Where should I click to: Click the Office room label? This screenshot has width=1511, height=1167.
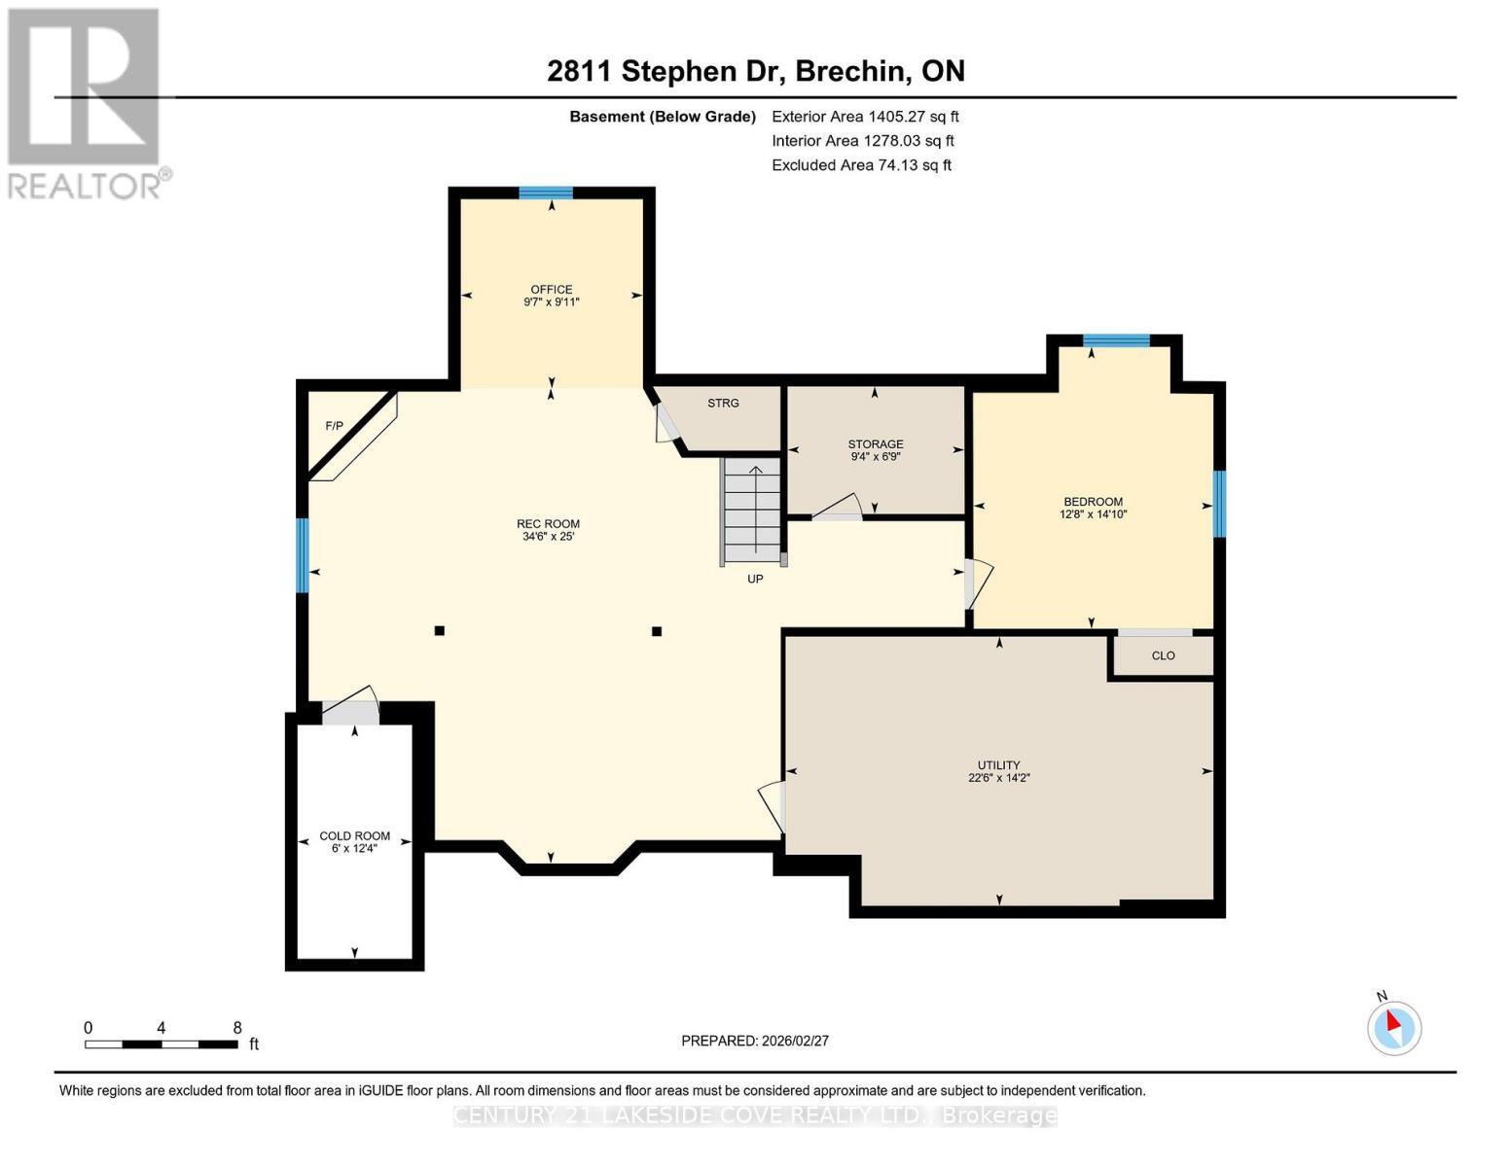point(551,290)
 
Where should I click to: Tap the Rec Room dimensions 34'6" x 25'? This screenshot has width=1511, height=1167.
point(548,536)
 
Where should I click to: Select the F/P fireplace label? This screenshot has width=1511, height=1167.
point(334,426)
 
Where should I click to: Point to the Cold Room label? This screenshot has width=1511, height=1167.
point(354,835)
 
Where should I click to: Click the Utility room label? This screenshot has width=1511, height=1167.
point(998,765)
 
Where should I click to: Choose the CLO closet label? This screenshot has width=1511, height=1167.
point(1163,655)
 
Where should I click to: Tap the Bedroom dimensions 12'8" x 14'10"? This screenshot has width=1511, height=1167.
point(1093,514)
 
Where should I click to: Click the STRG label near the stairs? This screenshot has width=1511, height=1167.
point(723,403)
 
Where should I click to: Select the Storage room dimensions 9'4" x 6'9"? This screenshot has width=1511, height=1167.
point(875,456)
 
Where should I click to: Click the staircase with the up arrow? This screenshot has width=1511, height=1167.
point(753,510)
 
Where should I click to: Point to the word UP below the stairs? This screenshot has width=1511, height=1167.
point(755,579)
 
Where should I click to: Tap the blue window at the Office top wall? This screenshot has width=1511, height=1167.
point(545,193)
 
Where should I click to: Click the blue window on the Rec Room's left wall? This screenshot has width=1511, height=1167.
point(303,555)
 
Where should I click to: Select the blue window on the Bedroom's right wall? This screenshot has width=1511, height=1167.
point(1218,504)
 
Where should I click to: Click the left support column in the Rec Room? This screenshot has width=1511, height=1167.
point(440,631)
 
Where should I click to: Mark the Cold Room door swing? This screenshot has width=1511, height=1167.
point(350,708)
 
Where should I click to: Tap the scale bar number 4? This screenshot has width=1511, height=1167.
point(161,1028)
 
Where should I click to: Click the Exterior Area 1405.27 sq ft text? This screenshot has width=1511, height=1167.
point(865,117)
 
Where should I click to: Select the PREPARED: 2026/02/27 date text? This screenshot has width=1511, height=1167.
point(755,1041)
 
